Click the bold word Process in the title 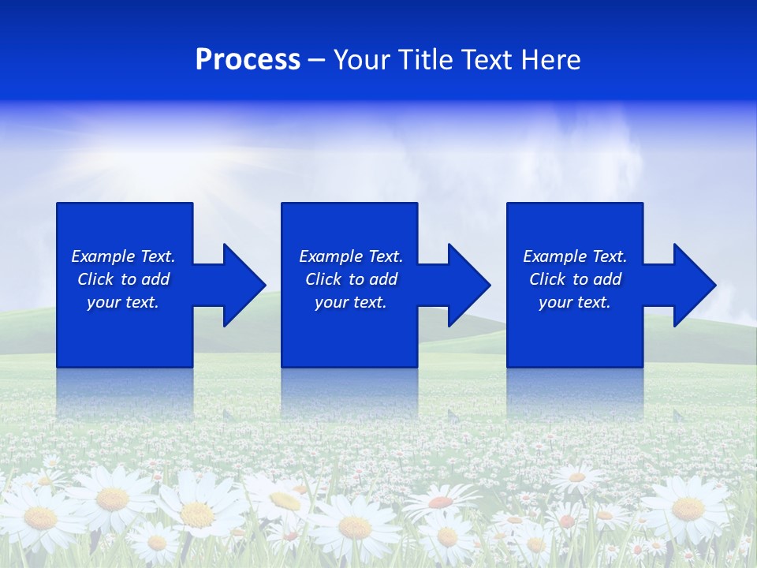tap(248, 60)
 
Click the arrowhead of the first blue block tap(241, 285)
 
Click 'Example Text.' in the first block tap(123, 256)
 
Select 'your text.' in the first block tap(123, 302)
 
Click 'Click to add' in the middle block tap(351, 279)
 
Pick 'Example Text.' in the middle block tap(351, 256)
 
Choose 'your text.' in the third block tap(575, 302)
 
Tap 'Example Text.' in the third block tap(575, 256)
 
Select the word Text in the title tap(487, 60)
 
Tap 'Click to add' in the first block tap(123, 279)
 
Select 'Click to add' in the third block tap(575, 279)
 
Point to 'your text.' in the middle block tap(351, 302)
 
